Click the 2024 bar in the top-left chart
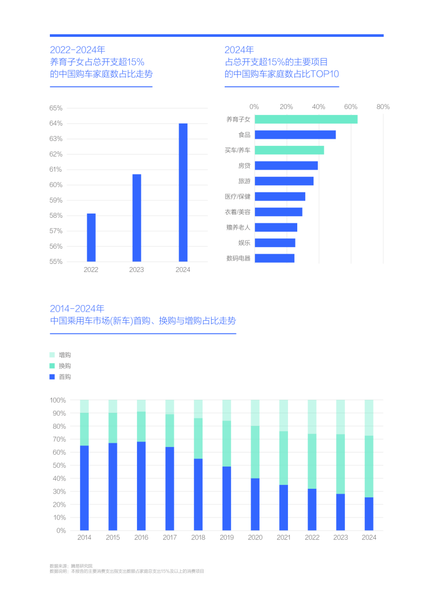point(183,192)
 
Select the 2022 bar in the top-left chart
point(91,237)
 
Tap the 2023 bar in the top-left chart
point(136,218)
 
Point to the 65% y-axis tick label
point(56,108)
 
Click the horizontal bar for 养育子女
point(306,119)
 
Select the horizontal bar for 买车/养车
point(289,150)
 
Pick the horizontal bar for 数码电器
point(274,258)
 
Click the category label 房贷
point(244,166)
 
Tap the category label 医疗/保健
point(238,197)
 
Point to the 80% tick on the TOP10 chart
point(383,107)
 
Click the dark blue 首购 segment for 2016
point(141,486)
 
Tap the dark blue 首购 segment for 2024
point(369,514)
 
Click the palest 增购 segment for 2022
point(312,417)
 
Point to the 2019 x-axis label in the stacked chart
point(226,538)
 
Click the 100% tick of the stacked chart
point(57,400)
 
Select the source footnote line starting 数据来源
point(71,566)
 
